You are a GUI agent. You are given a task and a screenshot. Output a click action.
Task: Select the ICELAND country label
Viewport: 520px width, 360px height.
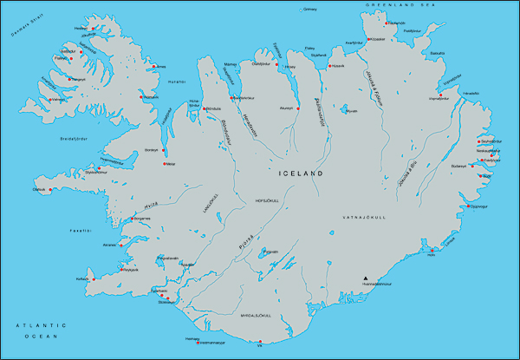coord(301,174)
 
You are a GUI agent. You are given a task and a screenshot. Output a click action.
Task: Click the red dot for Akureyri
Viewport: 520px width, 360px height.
coord(298,109)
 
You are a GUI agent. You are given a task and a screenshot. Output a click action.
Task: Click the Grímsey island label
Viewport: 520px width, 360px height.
coord(309,10)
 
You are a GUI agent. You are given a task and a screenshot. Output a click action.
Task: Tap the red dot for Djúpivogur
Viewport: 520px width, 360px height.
coord(469,206)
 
